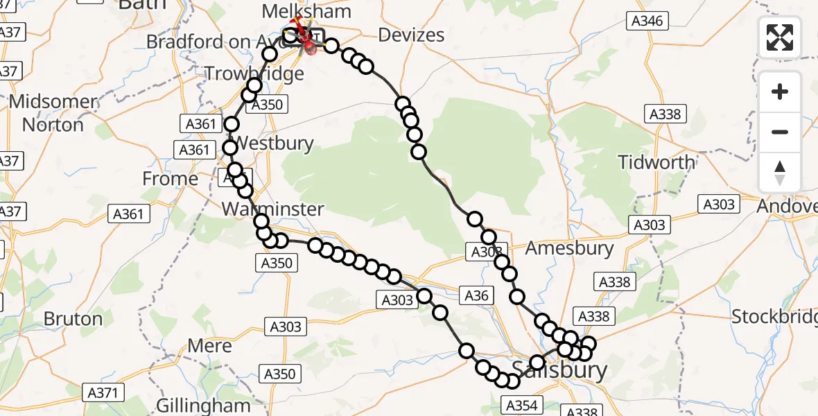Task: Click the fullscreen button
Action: [x=780, y=37]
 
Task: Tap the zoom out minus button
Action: [x=780, y=132]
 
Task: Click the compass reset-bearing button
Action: [x=780, y=173]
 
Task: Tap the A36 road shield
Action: [x=476, y=296]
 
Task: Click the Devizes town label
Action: [x=411, y=35]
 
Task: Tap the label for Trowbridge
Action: [x=254, y=73]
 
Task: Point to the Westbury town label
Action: [x=273, y=144]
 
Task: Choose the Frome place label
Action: [x=170, y=179]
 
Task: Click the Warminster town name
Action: [x=272, y=209]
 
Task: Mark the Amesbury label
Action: [x=570, y=248]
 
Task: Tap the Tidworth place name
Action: [x=656, y=162]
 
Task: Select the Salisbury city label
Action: [x=559, y=369]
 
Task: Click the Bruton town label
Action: [x=73, y=319]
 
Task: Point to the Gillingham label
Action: [x=203, y=405]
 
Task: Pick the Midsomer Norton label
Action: [x=53, y=113]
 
